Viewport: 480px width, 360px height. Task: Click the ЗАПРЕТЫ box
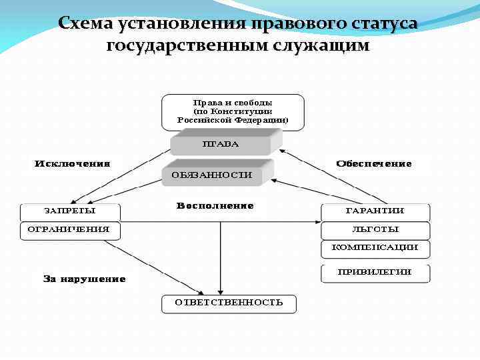coord(70,211)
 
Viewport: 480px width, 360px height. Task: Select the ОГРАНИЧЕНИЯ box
coord(70,230)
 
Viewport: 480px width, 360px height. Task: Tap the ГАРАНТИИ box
coord(375,211)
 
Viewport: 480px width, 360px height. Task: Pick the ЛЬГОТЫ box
coord(375,230)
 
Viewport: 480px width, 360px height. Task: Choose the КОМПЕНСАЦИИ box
coord(375,248)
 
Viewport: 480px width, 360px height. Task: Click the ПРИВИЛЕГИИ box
coord(375,272)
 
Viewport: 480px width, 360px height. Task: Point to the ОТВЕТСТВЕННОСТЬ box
coord(229,303)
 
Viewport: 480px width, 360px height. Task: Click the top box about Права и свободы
coord(232,111)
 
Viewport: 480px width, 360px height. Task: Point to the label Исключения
coord(72,163)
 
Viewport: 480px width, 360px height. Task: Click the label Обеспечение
coord(374,163)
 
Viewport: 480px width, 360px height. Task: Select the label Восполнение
coord(215,206)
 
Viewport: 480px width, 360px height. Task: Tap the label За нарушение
coord(84,279)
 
